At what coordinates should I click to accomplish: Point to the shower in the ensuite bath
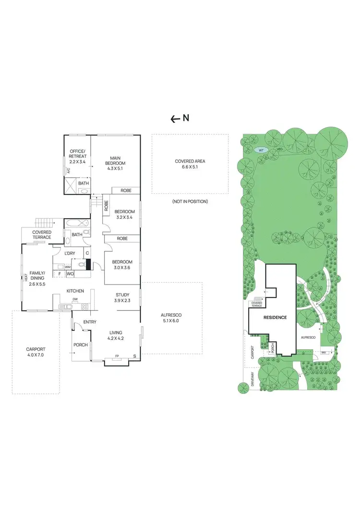tap(71, 185)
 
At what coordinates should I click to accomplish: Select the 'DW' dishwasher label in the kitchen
tap(75, 299)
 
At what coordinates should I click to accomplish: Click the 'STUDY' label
tap(122, 295)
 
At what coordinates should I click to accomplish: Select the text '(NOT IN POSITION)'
tap(190, 201)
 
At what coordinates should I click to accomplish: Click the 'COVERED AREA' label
tap(190, 162)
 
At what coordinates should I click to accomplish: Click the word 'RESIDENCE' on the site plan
tap(275, 318)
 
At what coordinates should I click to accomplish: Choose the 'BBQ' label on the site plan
tap(323, 353)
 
